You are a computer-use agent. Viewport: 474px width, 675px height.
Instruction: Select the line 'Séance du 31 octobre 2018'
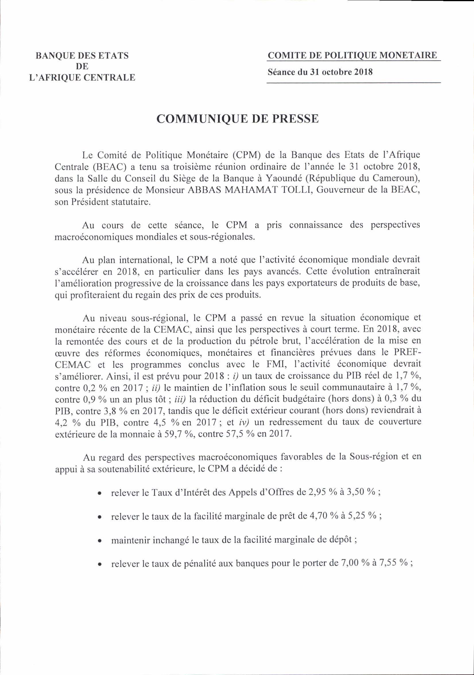(320, 72)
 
